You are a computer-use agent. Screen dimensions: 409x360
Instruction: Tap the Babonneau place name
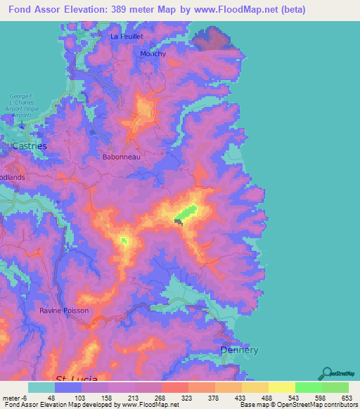(122, 157)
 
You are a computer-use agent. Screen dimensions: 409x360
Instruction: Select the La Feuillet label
(127, 35)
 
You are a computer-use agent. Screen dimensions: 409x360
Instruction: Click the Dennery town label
(240, 350)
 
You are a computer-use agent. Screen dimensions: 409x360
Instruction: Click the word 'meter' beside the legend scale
(11, 397)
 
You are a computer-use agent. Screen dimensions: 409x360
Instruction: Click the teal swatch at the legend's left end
(41, 387)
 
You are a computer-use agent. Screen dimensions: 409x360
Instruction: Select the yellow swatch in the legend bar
(281, 387)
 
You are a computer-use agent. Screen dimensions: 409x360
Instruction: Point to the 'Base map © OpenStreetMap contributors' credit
(297, 405)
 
